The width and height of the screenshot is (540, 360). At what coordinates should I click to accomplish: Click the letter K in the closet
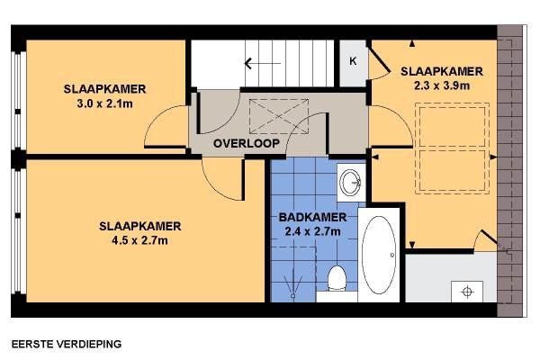coord(353,61)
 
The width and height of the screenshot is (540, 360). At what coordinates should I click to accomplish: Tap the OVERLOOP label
coord(247,143)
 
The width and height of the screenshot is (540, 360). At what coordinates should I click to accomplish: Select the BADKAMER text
coord(312,218)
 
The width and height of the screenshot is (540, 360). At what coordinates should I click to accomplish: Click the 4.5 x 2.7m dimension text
coord(139,240)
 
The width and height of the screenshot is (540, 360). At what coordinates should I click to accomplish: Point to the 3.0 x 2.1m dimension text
coord(104,103)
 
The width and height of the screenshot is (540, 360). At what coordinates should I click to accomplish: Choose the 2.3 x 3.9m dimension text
coord(442,85)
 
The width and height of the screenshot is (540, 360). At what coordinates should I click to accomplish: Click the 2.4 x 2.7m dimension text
coord(312,231)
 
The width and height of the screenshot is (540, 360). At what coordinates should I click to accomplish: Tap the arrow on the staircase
coord(263,63)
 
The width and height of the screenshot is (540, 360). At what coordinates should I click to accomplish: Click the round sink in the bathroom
coord(350,182)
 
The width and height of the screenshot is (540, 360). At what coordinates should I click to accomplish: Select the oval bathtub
coord(379,255)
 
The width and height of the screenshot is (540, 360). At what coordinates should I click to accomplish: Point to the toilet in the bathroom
coord(337,278)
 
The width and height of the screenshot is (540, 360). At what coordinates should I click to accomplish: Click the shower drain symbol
coord(293,295)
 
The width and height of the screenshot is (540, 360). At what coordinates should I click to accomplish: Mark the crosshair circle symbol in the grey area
coord(467,292)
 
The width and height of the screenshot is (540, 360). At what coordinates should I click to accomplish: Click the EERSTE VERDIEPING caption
coord(67,344)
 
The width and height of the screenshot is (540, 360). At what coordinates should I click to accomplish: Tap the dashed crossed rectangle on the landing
coord(279,116)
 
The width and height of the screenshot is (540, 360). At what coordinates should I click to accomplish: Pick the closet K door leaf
coord(379,58)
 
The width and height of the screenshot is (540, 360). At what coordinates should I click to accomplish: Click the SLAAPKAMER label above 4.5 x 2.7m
coord(139,226)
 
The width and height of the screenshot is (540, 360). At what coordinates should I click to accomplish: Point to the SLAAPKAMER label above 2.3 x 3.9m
coord(442,71)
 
